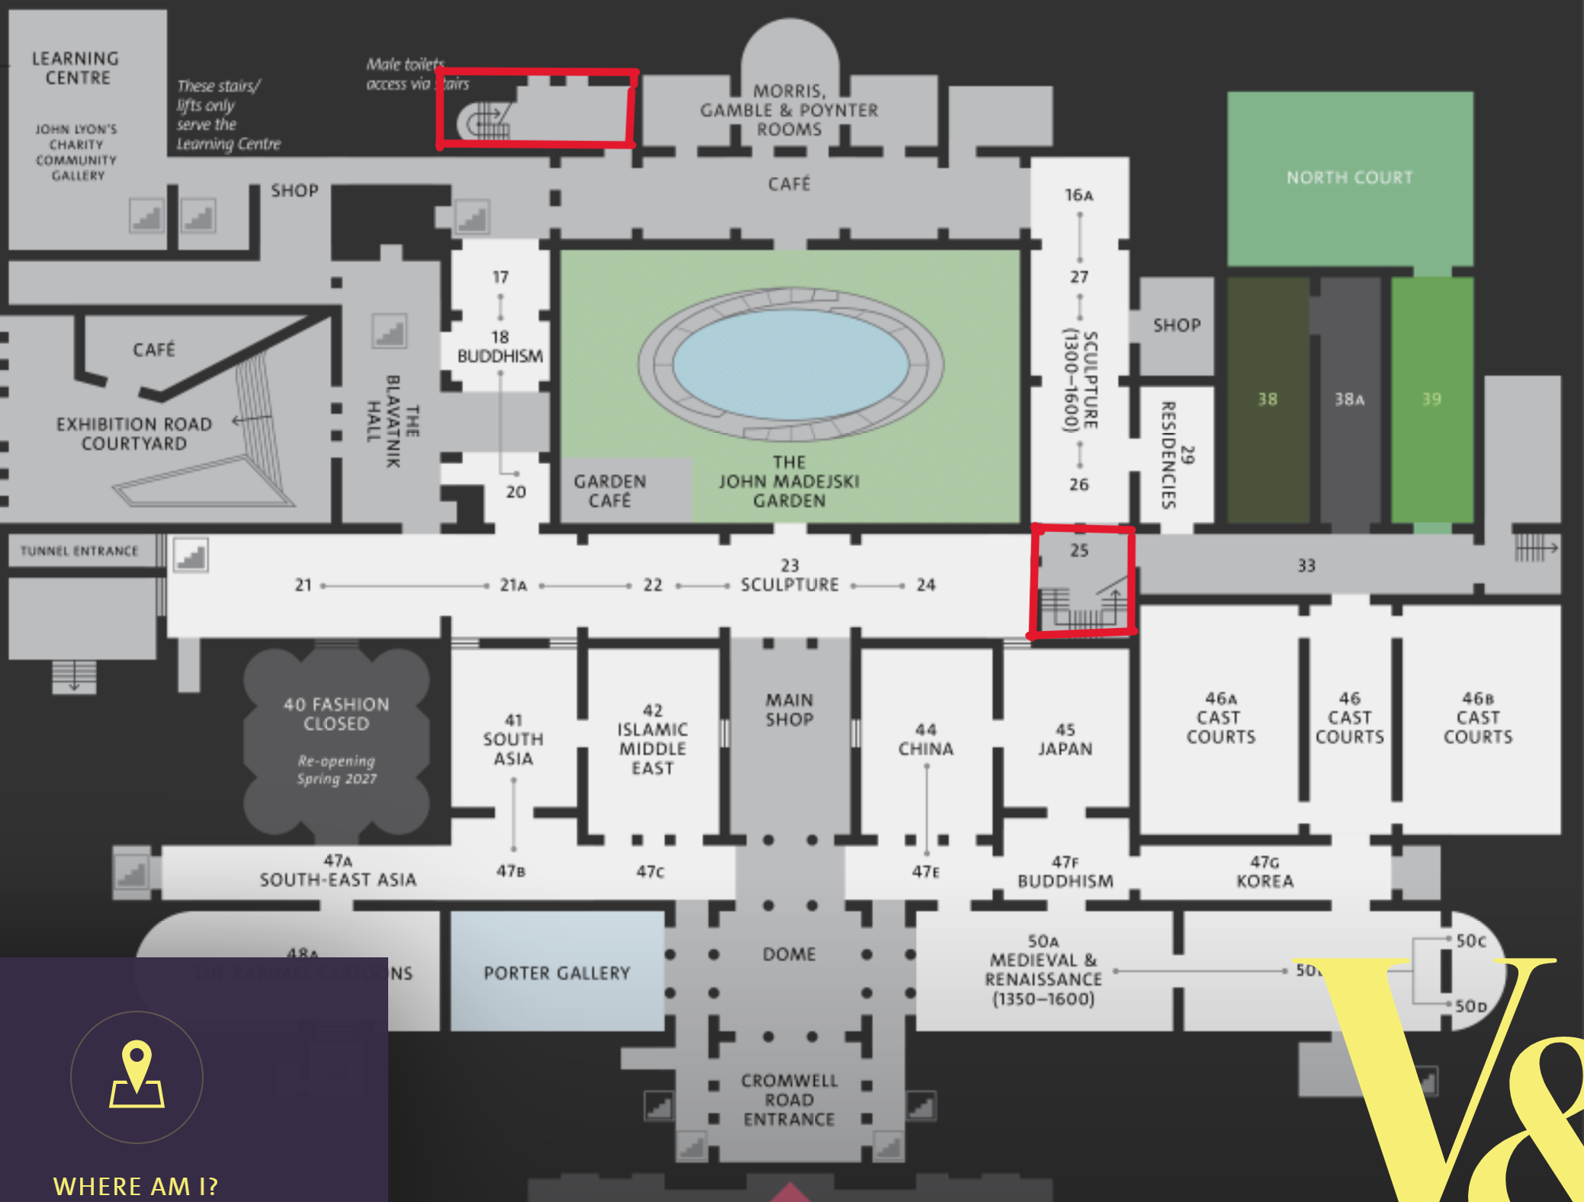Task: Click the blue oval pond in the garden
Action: point(791,364)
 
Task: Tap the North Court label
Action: point(1349,178)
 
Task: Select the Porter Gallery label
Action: point(557,973)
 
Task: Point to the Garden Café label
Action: point(610,491)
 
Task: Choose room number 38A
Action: point(1349,399)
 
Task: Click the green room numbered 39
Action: point(1431,399)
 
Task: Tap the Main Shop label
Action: point(789,710)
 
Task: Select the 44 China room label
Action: point(926,739)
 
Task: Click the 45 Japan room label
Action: point(1065,739)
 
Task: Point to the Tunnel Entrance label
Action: point(79,550)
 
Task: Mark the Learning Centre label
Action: point(76,68)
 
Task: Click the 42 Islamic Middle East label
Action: point(653,739)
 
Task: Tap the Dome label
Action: point(789,954)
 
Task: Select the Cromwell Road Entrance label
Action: point(789,1100)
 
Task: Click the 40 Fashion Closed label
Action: point(336,714)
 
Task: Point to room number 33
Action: point(1306,566)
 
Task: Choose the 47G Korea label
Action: point(1264,872)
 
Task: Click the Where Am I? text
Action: point(136,1186)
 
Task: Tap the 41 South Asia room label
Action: point(513,739)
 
